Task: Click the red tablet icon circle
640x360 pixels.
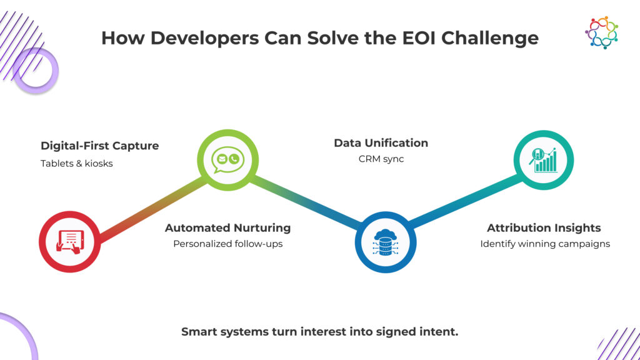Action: click(69, 241)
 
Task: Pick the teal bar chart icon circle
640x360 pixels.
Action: click(543, 161)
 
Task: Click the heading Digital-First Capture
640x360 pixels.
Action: click(99, 146)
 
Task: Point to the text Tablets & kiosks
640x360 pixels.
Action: click(77, 164)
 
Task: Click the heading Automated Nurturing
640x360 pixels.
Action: click(227, 227)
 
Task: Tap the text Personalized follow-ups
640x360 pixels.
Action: click(227, 244)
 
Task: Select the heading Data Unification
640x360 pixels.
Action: click(381, 142)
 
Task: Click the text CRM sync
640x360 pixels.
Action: click(381, 159)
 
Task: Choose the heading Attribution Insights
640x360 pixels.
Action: click(544, 227)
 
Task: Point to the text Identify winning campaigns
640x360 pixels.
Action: click(544, 244)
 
